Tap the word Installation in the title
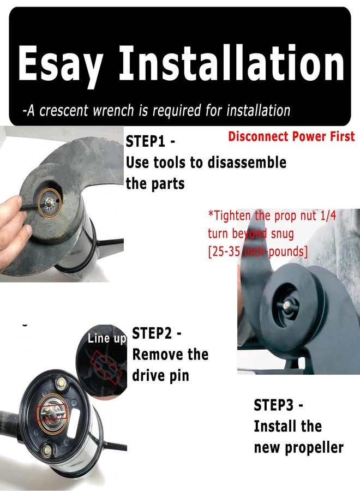(232, 62)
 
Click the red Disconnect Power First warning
(291, 136)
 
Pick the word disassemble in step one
(247, 163)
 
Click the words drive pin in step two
(160, 375)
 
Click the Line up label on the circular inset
(107, 339)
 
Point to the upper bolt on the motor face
(61, 382)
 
